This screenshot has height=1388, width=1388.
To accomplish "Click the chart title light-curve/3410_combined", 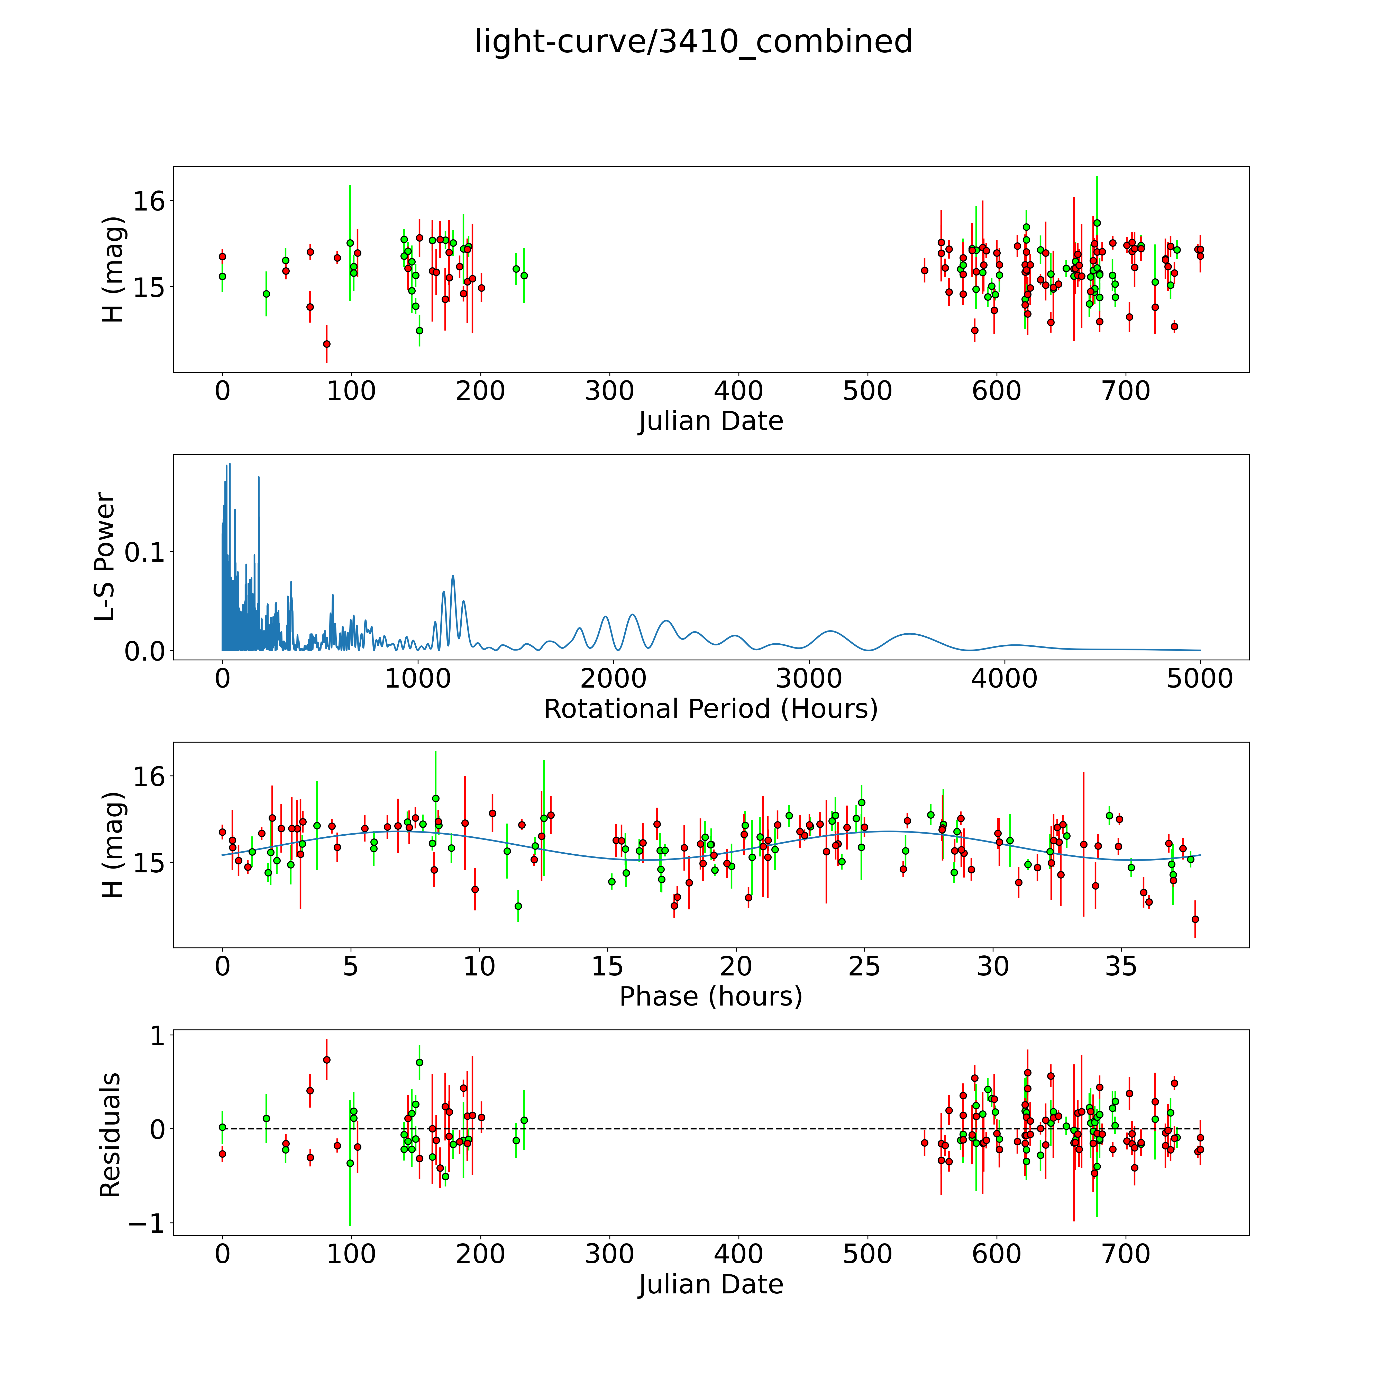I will click(x=693, y=42).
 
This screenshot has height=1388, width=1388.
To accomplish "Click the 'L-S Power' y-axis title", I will click(x=106, y=557).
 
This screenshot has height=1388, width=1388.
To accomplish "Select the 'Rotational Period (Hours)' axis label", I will click(x=710, y=709).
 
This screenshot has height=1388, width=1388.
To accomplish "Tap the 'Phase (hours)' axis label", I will click(x=710, y=997).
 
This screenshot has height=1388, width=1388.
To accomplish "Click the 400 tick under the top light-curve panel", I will click(x=738, y=391).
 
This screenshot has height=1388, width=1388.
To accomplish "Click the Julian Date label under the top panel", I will click(x=710, y=421).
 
